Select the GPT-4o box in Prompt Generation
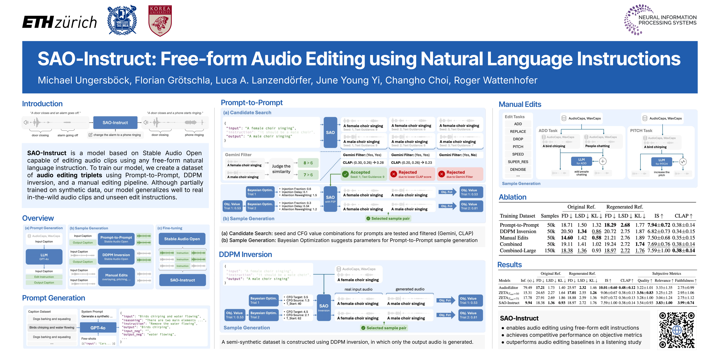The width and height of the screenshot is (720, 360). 98,328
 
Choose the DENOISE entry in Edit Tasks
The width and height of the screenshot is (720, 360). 518,169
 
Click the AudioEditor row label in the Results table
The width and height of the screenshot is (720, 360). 508,288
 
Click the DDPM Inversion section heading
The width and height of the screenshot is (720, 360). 245,254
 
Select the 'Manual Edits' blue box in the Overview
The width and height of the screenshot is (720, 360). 116,277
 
